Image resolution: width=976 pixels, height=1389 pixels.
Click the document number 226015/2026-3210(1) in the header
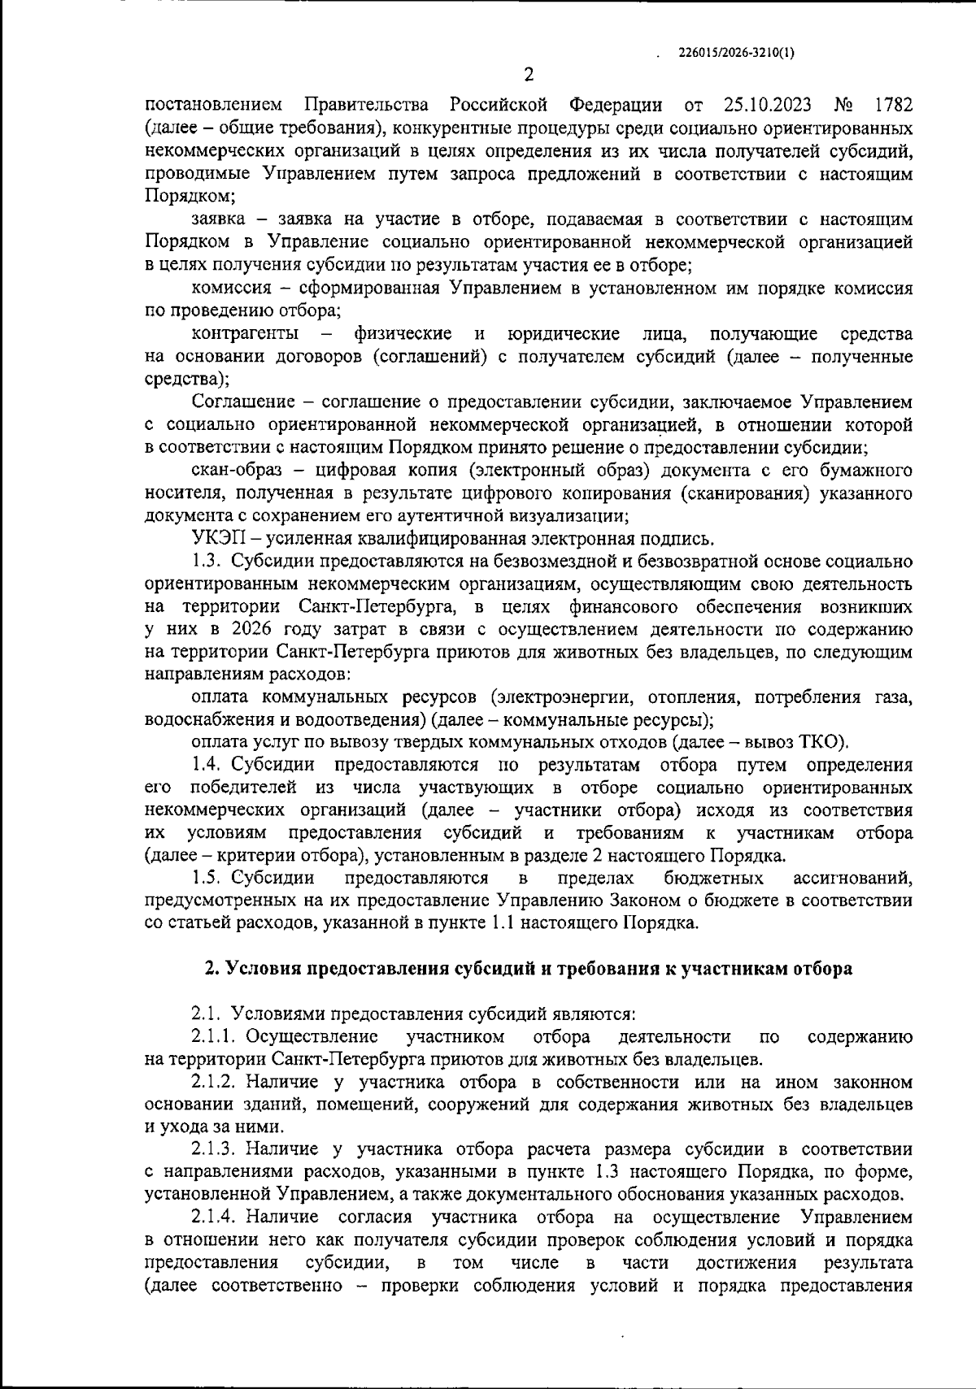[x=736, y=53]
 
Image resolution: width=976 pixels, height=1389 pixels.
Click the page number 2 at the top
[x=529, y=76]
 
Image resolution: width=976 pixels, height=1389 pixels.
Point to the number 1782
[x=891, y=106]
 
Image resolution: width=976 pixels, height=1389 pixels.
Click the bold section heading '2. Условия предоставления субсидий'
[x=528, y=969]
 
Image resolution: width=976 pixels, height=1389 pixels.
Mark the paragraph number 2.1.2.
[x=215, y=1083]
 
